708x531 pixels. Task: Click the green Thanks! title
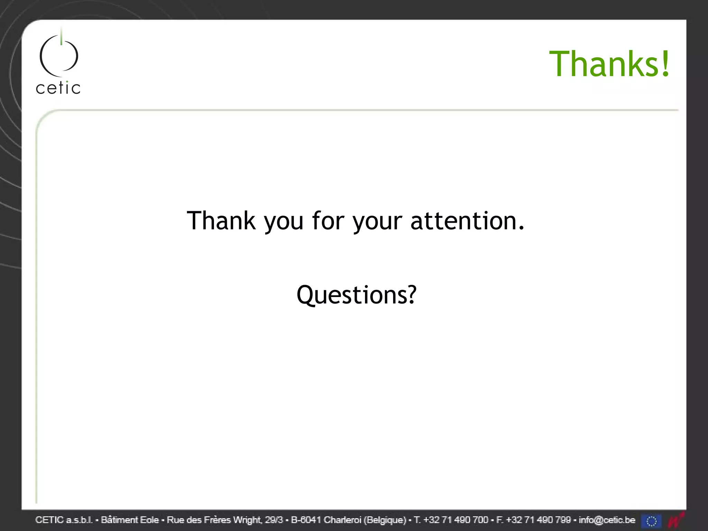(x=609, y=64)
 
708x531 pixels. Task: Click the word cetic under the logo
(x=58, y=88)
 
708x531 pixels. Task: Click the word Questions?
(x=356, y=295)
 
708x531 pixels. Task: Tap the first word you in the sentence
(x=283, y=221)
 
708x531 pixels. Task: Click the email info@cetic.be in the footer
(x=607, y=520)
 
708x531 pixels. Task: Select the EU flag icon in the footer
(x=651, y=521)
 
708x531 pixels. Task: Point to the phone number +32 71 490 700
(x=456, y=520)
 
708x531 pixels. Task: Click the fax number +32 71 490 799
(x=538, y=520)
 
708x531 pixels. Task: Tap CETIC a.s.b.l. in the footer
(x=64, y=520)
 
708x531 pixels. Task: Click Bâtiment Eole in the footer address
(x=130, y=520)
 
